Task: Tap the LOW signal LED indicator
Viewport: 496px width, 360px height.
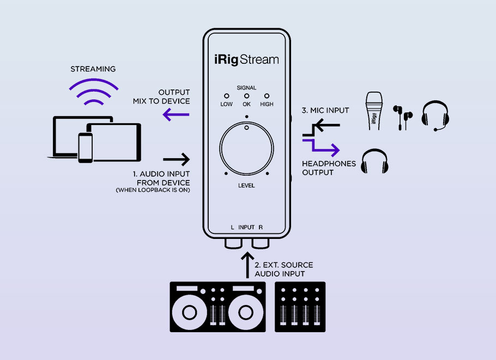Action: tap(226, 95)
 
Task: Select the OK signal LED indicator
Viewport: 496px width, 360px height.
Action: tap(246, 95)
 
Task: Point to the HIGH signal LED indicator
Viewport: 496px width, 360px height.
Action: tap(267, 95)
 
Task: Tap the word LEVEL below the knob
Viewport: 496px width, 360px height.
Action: tap(246, 185)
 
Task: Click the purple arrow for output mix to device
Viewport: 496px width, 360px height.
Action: tap(176, 115)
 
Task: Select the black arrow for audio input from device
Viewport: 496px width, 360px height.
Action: tap(176, 159)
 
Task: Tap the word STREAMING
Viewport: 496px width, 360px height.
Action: tap(93, 69)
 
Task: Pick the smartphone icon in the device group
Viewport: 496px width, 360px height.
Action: tap(86, 147)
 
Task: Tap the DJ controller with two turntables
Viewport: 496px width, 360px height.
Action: tap(217, 307)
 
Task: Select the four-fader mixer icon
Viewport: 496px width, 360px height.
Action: tap(300, 307)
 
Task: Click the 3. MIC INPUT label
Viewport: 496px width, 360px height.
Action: tap(325, 111)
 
